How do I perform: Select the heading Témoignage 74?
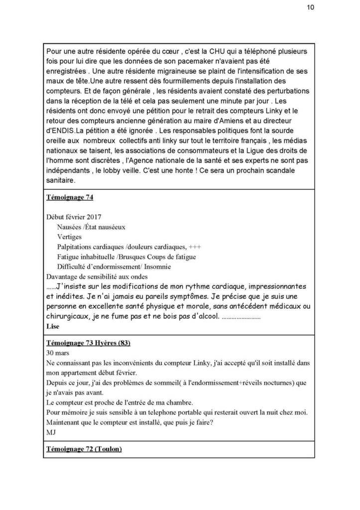coord(69,197)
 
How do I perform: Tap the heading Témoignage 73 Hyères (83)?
coord(88,344)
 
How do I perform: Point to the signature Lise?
coord(52,326)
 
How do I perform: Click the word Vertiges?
coord(69,237)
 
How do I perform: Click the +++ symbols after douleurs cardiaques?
coord(195,247)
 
